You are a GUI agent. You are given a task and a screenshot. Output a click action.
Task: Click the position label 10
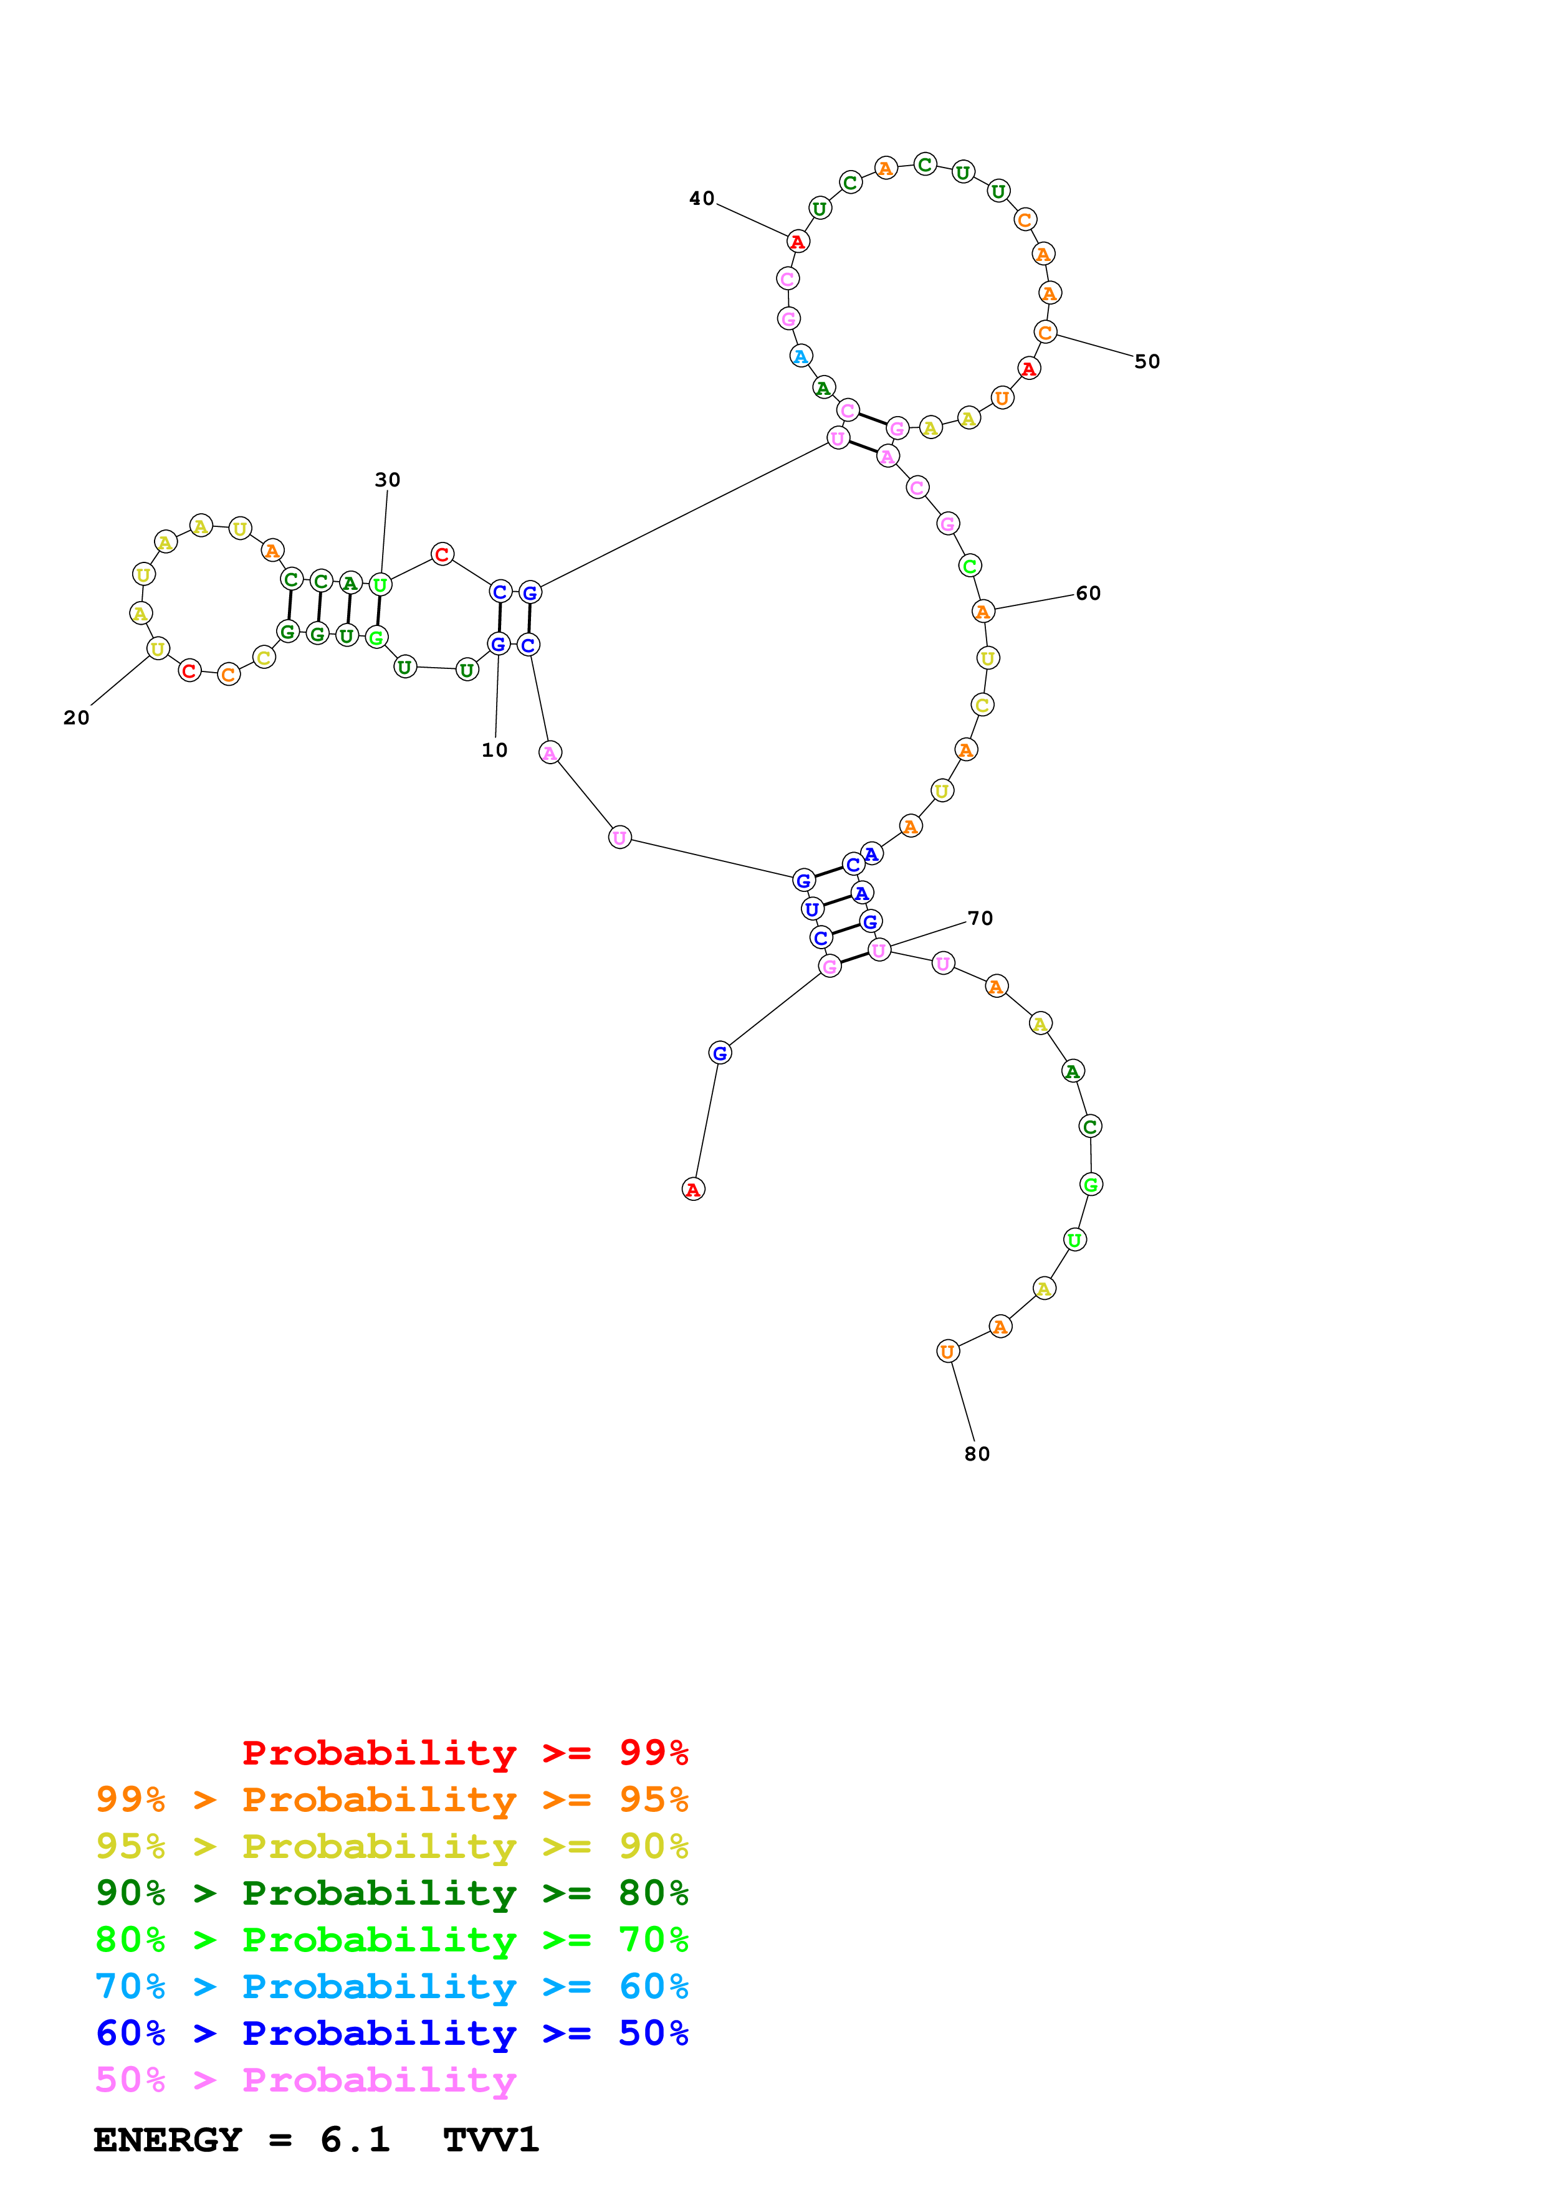tap(494, 750)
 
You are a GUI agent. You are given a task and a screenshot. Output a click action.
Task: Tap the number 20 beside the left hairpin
tap(76, 718)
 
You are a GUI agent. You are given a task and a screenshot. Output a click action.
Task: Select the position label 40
tap(702, 198)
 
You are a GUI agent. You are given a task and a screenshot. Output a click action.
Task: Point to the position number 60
tap(1088, 593)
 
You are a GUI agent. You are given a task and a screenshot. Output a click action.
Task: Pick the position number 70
tap(980, 917)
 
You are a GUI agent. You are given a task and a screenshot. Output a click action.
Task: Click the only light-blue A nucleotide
tap(801, 357)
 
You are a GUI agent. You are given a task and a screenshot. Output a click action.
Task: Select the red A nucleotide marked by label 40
tap(798, 242)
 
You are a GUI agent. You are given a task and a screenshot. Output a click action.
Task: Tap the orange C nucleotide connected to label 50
tap(1045, 332)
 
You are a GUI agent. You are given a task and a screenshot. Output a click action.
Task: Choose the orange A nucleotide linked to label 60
tap(983, 611)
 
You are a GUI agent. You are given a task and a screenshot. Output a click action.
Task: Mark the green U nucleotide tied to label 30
tap(380, 584)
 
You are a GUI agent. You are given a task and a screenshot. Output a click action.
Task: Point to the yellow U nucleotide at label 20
tap(158, 649)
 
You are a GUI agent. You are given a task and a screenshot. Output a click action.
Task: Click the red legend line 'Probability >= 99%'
tap(464, 1753)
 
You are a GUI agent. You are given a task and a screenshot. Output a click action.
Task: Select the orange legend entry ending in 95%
tap(391, 1799)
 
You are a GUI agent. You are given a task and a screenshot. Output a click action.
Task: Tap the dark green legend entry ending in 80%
tap(391, 1893)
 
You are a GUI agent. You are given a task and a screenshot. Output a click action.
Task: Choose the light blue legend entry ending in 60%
tap(391, 1986)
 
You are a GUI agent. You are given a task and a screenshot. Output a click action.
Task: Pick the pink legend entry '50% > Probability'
tap(305, 2080)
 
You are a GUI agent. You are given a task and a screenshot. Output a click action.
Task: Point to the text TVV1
tap(491, 2140)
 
